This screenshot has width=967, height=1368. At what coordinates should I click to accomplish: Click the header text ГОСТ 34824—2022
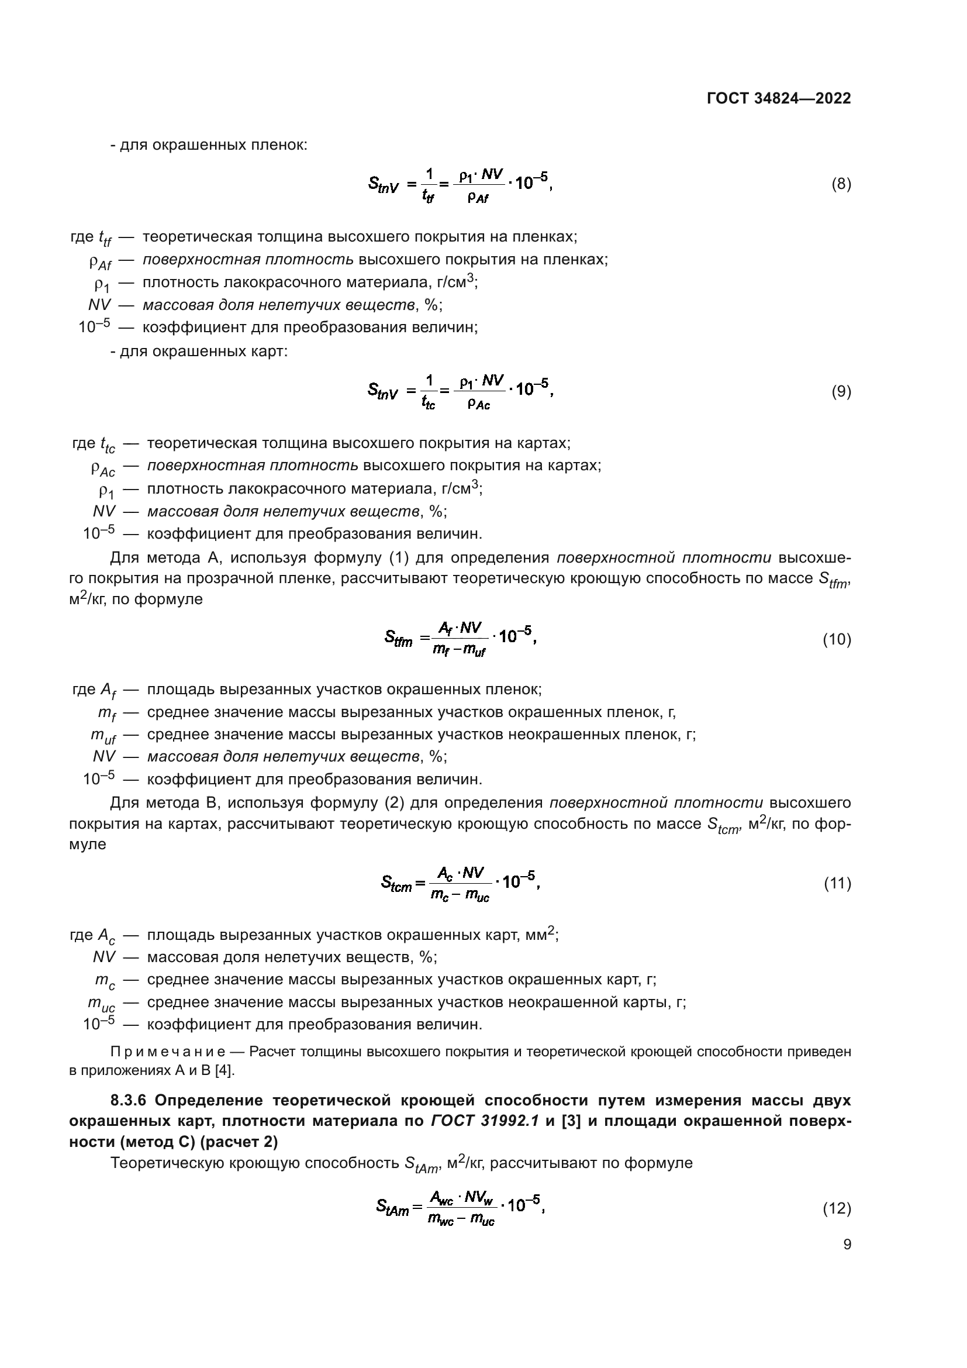(778, 99)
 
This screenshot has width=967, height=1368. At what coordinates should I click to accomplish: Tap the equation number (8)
(841, 184)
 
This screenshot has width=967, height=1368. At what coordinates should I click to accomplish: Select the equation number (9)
(841, 391)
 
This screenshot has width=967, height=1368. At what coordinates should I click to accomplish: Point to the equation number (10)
(837, 639)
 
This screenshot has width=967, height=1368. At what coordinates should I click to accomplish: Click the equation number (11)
(837, 884)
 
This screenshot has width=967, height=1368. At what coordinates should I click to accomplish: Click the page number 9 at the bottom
(847, 1244)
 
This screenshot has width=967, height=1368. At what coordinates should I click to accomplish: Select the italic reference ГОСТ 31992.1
(484, 1121)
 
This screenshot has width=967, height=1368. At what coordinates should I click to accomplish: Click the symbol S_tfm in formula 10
(398, 639)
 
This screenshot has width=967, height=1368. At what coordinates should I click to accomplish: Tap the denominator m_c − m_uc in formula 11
(459, 895)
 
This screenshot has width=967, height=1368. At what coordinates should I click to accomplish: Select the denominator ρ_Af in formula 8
(478, 198)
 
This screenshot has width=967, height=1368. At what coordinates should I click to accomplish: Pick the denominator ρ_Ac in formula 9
(478, 405)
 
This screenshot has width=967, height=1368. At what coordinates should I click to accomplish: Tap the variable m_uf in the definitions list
(103, 736)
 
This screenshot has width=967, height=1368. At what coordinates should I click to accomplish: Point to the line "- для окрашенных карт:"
(198, 352)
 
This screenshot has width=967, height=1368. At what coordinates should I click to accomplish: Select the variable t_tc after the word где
(107, 444)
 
